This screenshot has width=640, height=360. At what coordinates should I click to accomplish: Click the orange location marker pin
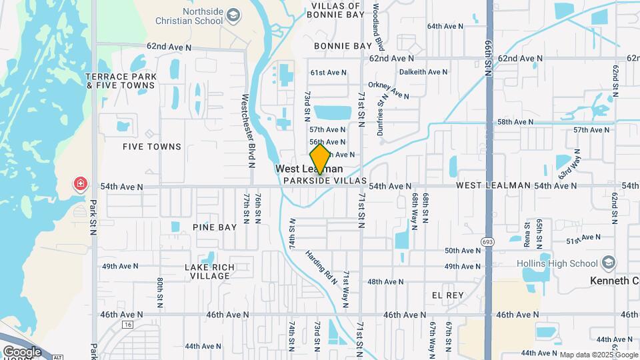321,159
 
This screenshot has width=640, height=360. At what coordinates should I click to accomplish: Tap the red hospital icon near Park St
81,183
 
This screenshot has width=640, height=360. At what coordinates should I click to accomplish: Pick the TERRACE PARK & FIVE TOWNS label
121,81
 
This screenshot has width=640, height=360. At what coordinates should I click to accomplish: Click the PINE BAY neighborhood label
215,227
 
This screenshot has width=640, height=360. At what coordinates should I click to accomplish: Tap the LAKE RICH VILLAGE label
209,271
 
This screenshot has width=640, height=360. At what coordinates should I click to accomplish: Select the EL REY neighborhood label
447,294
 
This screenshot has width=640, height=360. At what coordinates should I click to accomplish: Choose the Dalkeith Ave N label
424,72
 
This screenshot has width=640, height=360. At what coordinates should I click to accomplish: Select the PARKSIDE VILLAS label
325,181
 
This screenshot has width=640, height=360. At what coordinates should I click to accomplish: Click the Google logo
22,351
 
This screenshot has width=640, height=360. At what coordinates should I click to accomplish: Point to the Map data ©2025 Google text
599,355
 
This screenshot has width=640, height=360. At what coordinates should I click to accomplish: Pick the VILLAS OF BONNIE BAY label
337,9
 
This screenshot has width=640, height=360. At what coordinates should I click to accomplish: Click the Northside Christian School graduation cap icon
233,14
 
